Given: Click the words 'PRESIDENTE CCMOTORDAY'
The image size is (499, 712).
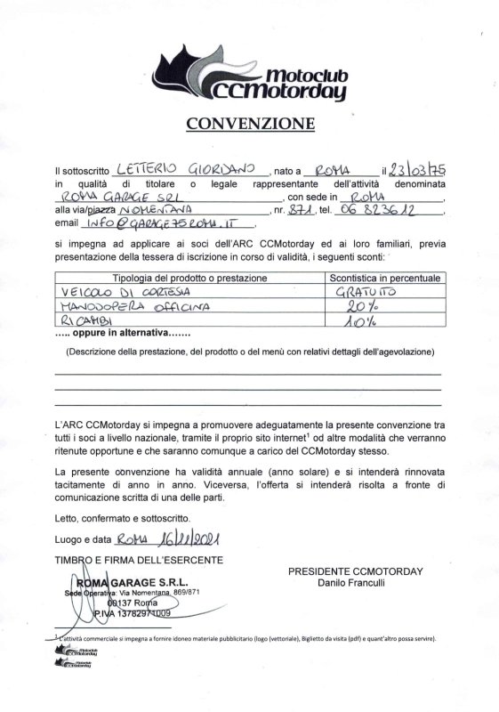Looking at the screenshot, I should tap(356, 570).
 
